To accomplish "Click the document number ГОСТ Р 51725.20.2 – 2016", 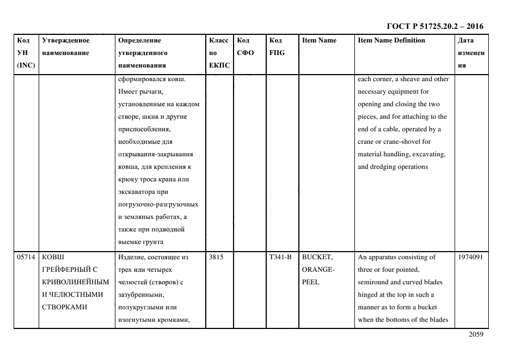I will point(435,26).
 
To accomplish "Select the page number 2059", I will point(476,335).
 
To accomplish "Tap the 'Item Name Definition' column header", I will point(391,40).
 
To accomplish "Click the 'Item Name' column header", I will point(319,40).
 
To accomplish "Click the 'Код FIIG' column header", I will point(277,47).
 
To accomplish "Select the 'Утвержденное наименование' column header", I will point(65,47).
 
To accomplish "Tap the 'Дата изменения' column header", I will point(471,53).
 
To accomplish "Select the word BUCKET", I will point(317,258).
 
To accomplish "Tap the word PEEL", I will point(311,283).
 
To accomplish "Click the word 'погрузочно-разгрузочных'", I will point(158,205).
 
